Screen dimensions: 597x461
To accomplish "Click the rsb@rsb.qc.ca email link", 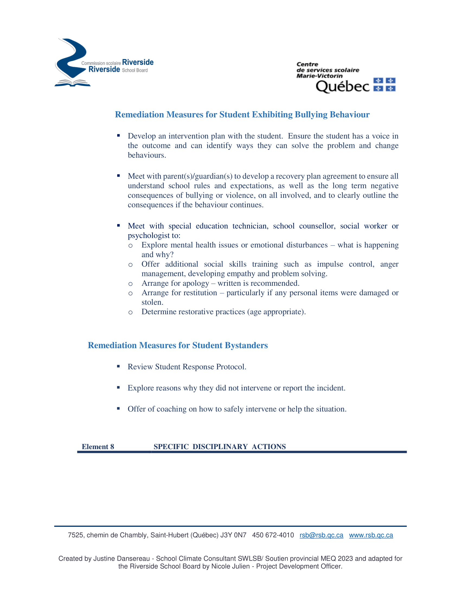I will tap(321, 535).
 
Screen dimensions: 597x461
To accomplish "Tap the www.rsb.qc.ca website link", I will tap(371, 535).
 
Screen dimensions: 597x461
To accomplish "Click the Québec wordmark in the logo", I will tap(342, 86).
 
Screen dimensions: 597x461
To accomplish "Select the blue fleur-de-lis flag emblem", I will tap(384, 84).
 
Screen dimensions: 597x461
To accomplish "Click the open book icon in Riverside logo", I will tap(72, 83).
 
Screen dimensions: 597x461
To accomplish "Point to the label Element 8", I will tap(98, 447).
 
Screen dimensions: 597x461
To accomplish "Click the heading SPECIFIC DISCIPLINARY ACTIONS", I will tap(220, 447).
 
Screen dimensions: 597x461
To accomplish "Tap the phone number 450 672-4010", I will tap(273, 535).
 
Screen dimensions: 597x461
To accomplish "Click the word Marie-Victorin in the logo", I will tap(319, 76).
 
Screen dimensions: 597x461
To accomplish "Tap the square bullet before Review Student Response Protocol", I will tap(119, 366).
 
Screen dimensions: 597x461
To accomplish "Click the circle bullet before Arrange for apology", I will tap(130, 284).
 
